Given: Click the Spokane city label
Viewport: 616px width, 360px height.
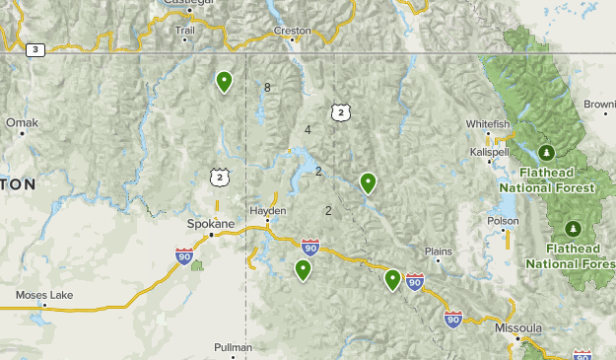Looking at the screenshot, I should (x=212, y=224).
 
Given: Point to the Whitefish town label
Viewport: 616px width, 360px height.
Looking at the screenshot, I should (x=489, y=124).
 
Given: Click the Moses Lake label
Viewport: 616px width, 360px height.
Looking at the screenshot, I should (x=44, y=295).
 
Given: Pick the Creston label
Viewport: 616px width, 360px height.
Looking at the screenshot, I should (x=293, y=31).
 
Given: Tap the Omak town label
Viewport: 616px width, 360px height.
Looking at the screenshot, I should (x=21, y=122).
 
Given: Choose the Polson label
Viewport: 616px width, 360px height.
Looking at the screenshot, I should (x=503, y=221).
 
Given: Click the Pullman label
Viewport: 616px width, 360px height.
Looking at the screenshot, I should (x=234, y=347).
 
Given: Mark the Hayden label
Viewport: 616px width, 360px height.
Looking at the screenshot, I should (x=267, y=211).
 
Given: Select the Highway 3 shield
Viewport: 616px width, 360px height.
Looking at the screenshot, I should (x=36, y=49).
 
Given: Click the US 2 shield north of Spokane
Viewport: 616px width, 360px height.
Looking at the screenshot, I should (x=219, y=178).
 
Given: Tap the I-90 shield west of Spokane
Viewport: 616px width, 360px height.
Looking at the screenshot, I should (x=184, y=256).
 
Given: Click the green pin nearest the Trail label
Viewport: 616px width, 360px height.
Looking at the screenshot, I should (x=225, y=81).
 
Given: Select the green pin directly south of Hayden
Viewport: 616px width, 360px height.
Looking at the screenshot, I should (x=303, y=268).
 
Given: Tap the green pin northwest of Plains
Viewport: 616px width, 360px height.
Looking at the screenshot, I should (x=368, y=181).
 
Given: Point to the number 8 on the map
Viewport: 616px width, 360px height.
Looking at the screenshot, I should (x=267, y=88).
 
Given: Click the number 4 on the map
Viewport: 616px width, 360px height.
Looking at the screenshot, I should (x=308, y=129).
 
